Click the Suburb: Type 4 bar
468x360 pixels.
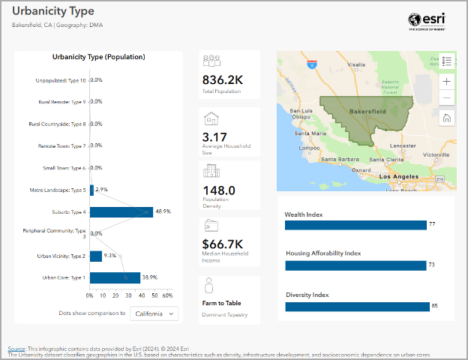coord(121,212)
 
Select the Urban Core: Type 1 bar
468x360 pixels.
coord(115,277)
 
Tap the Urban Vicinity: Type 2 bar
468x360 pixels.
coord(96,256)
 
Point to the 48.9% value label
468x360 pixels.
coord(163,212)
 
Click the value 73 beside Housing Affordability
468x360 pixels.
coord(431,265)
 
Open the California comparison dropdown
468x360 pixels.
coord(154,313)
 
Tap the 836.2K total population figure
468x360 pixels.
coord(223,79)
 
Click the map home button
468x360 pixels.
coord(447,118)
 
